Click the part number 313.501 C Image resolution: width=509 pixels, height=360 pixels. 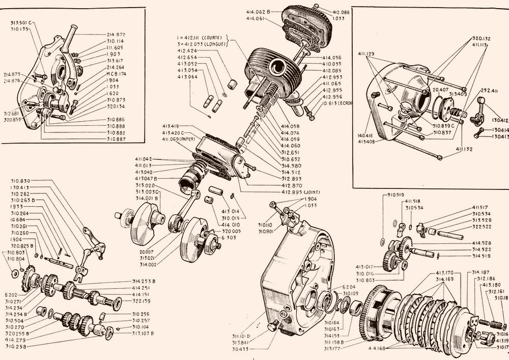tap(21, 23)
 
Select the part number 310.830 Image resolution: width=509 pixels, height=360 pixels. tap(20, 181)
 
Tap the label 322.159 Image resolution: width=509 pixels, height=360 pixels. tap(142, 300)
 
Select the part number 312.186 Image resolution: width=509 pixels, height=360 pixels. tap(486, 279)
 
